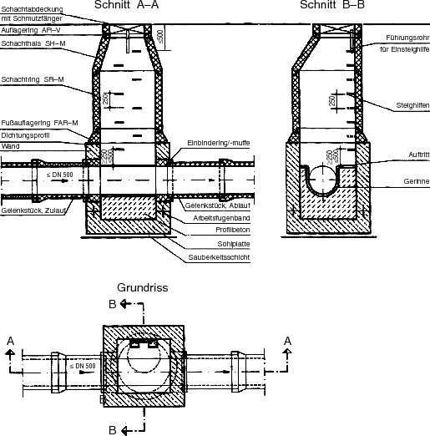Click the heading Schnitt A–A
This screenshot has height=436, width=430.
coord(126,5)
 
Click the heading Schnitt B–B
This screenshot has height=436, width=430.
coord(332,5)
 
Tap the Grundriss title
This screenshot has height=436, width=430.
coord(143,287)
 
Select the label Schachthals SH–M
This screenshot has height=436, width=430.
coord(33,43)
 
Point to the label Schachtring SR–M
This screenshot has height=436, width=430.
coord(33,79)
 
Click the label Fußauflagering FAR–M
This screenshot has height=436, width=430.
coord(39,123)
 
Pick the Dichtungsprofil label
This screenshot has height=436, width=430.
coord(25,135)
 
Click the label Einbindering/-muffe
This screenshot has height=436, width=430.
coord(219,143)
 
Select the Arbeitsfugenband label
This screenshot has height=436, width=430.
coord(221,218)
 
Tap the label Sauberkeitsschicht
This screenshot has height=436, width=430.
coord(219,257)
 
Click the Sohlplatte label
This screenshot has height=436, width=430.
coord(234,244)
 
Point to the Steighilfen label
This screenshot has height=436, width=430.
coord(412,105)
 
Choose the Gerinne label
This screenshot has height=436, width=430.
coord(417,181)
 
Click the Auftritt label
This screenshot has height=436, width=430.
coord(419,155)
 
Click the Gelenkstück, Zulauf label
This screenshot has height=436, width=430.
coord(33,210)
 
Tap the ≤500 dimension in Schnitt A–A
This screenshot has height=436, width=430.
coord(160,37)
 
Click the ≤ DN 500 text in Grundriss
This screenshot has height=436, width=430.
coord(83,366)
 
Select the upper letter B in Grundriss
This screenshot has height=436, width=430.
coord(113,304)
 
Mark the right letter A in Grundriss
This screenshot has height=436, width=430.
coord(287,341)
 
